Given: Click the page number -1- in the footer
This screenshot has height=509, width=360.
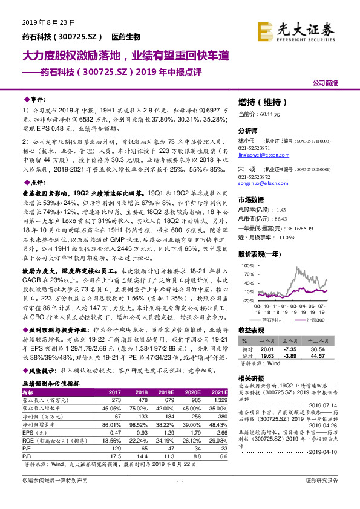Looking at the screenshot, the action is point(180,497).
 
